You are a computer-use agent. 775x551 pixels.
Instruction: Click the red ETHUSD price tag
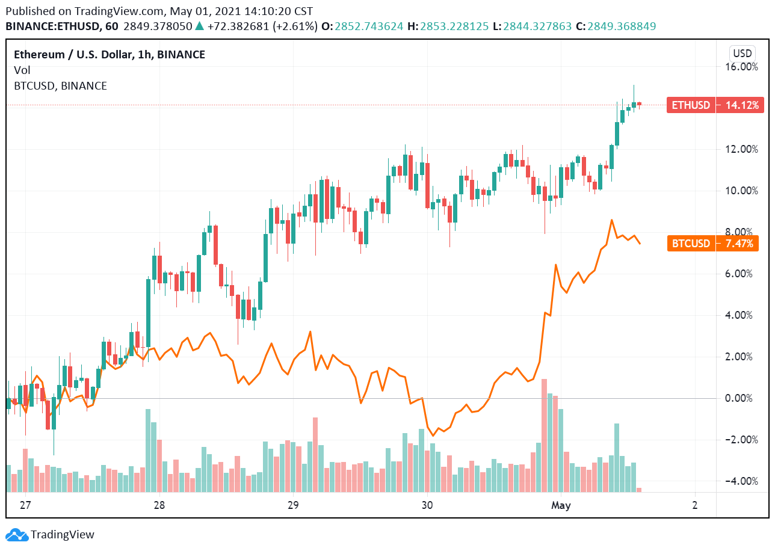pyautogui.click(x=691, y=105)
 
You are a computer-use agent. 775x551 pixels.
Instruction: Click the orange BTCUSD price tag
pyautogui.click(x=691, y=244)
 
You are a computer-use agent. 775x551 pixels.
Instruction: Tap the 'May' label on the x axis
pyautogui.click(x=560, y=505)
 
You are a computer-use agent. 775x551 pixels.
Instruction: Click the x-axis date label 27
pyautogui.click(x=25, y=505)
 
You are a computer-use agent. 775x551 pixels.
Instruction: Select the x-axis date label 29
pyautogui.click(x=293, y=505)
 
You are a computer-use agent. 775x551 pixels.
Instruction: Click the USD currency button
pyautogui.click(x=742, y=52)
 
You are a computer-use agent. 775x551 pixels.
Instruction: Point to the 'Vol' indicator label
pyautogui.click(x=22, y=70)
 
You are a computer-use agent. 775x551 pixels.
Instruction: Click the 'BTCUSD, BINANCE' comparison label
pyautogui.click(x=60, y=86)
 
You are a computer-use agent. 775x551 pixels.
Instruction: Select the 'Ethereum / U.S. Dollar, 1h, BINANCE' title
pyautogui.click(x=110, y=55)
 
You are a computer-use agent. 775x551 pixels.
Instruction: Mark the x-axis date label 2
pyautogui.click(x=694, y=505)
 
